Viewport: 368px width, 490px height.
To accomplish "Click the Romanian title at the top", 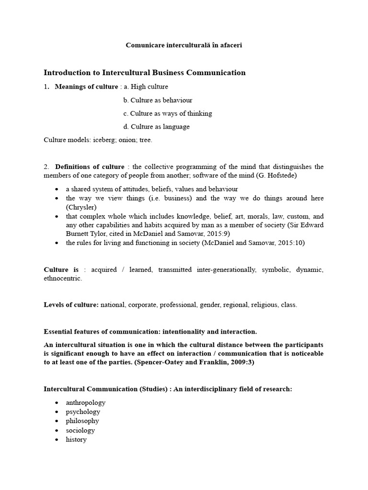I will coord(184,45).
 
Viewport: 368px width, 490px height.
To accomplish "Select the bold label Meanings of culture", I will coord(86,87).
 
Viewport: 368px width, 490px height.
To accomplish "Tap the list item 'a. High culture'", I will coord(146,87).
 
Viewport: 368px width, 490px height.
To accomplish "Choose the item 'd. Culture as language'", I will coord(156,127).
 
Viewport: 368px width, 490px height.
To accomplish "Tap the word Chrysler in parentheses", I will coord(81,207).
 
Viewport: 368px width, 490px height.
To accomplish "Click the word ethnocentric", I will coord(62,278).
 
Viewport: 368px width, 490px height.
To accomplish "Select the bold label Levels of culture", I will coord(71,305).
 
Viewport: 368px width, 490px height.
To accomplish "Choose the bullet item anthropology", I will coord(86,402).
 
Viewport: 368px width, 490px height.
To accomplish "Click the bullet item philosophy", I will coord(82,421).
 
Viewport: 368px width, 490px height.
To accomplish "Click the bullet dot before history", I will coord(57,440).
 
